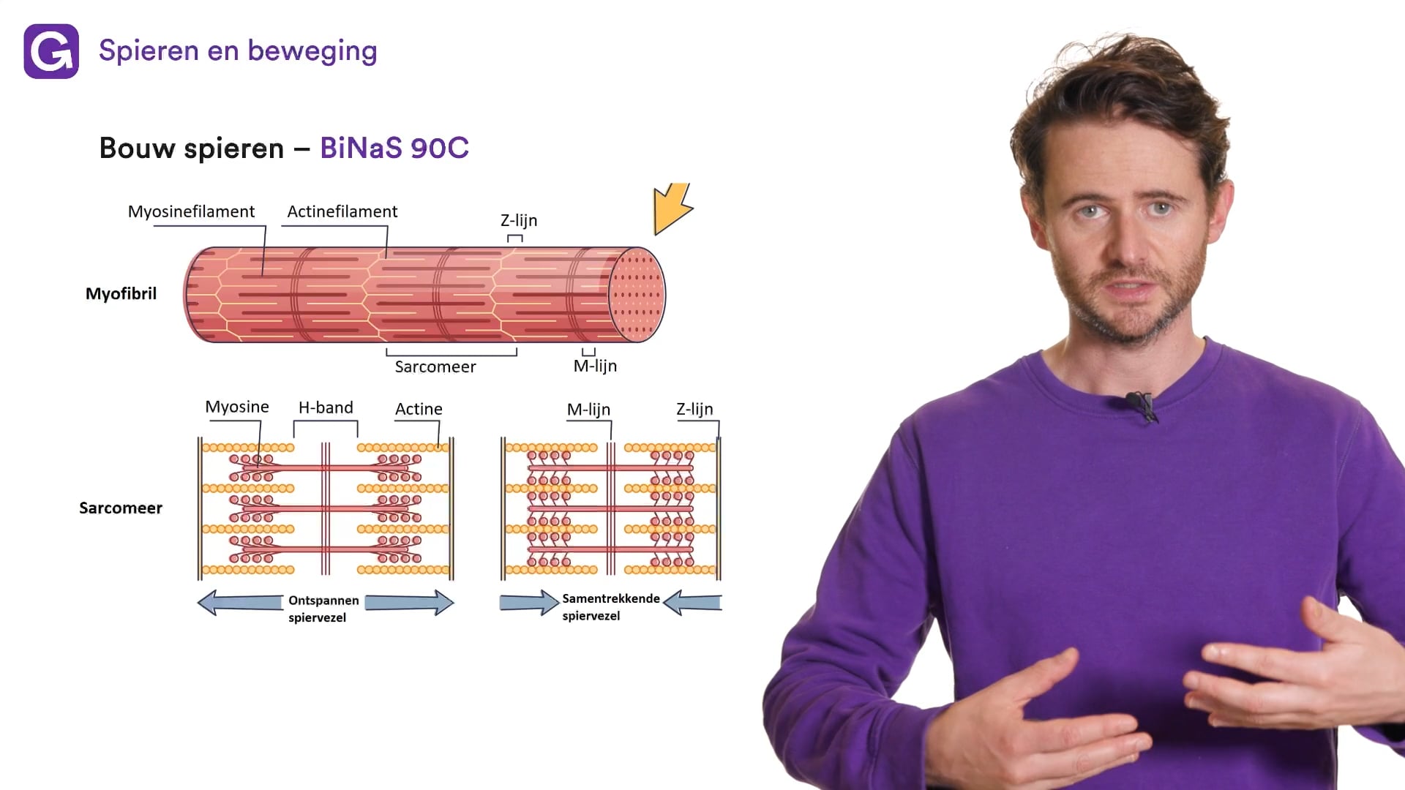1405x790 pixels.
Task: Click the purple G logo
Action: click(x=51, y=51)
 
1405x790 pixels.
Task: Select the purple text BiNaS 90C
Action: click(x=394, y=148)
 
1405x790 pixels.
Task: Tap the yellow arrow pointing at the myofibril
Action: click(x=671, y=208)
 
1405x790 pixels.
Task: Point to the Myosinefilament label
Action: click(x=191, y=211)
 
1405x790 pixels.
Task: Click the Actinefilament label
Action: click(x=342, y=211)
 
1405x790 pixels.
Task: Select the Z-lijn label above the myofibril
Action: click(x=518, y=220)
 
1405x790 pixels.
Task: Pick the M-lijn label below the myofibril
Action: click(x=595, y=366)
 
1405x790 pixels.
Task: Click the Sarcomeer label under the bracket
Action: click(x=435, y=366)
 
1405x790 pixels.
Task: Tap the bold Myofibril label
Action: click(x=121, y=293)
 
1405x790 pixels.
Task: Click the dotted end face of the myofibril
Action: click(x=637, y=295)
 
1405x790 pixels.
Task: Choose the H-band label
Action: click(x=326, y=407)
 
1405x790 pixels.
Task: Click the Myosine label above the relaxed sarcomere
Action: click(x=236, y=407)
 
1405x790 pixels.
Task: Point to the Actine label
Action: click(x=419, y=409)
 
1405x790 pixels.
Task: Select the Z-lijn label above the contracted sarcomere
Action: click(x=694, y=409)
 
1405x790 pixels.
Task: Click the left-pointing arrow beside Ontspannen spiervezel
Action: click(x=239, y=603)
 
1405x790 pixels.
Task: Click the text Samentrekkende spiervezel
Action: click(x=610, y=606)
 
